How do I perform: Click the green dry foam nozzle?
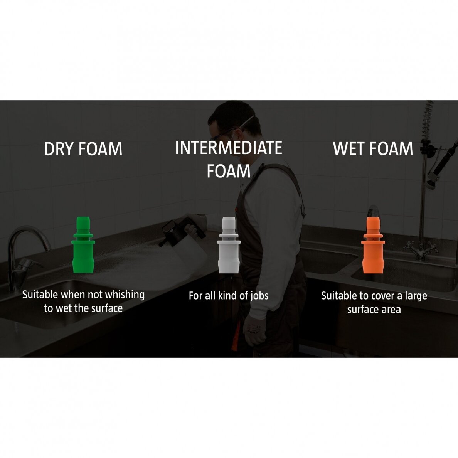[83, 245]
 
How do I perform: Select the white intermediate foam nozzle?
[229, 245]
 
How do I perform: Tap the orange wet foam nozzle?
[373, 245]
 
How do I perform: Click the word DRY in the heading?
[59, 149]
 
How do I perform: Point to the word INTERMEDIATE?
[229, 148]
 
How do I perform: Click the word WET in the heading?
[349, 148]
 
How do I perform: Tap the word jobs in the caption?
[259, 296]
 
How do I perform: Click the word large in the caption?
[416, 296]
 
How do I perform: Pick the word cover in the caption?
[383, 296]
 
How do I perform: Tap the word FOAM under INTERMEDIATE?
[229, 171]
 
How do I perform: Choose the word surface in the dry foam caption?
[107, 308]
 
